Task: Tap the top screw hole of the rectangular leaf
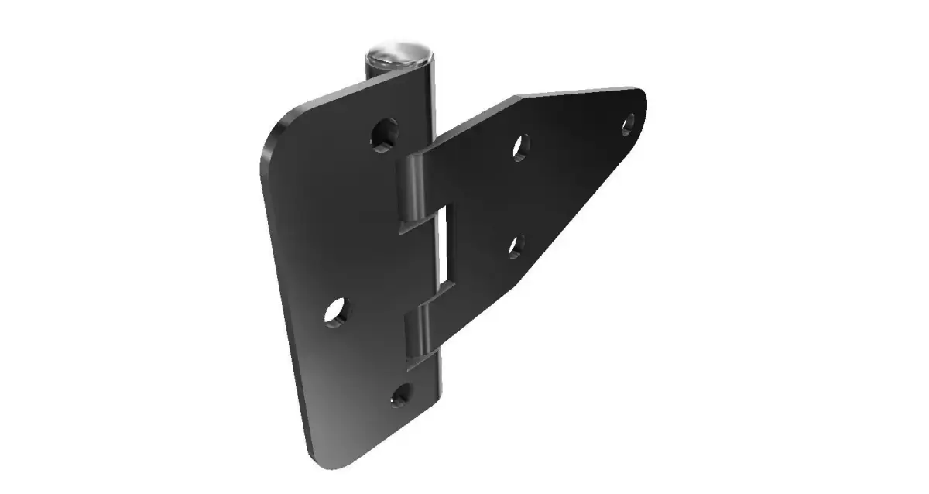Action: pos(384,134)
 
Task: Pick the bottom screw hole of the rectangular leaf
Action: pos(399,396)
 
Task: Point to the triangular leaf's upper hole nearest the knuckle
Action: pos(522,146)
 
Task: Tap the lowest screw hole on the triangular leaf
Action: pos(517,245)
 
